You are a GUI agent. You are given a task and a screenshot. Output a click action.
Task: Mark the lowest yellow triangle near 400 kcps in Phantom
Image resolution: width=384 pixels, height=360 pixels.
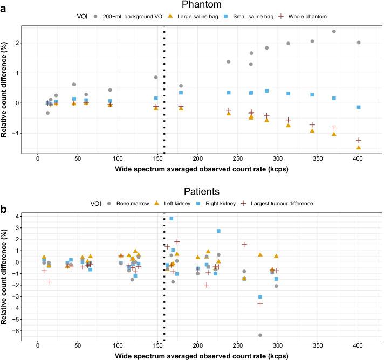coord(359,147)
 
